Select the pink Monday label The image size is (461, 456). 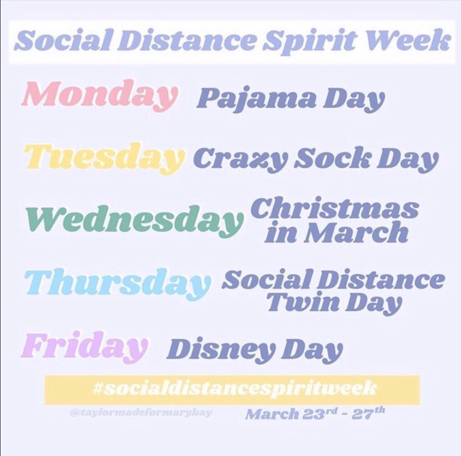[99, 96]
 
